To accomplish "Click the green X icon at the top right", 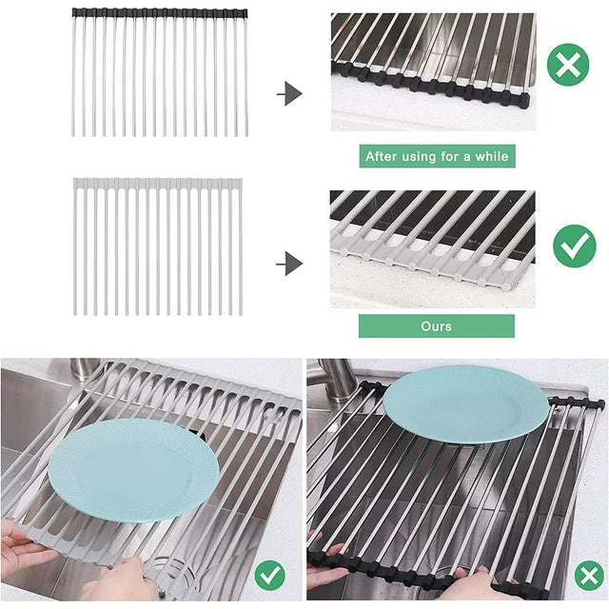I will point(568,66).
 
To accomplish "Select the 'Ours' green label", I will point(436,325).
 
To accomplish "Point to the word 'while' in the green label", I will point(491,156).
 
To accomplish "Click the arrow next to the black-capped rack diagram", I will point(292,93).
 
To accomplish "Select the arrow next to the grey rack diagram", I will point(292,263).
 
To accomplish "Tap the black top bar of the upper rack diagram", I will point(160,13).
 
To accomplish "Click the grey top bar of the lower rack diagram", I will point(158,181).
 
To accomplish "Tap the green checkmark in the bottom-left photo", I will point(270,575).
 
